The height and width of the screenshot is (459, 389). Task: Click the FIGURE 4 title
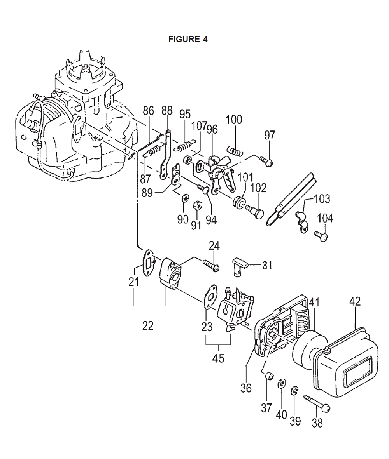click(x=188, y=39)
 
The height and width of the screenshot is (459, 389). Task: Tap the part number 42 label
click(x=355, y=302)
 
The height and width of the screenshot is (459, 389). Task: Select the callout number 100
click(x=234, y=120)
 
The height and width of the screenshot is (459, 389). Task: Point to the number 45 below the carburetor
click(x=218, y=358)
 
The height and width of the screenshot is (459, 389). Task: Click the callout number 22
click(x=148, y=325)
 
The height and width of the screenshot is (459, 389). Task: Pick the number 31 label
click(x=267, y=265)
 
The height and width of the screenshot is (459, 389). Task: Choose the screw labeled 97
click(x=267, y=160)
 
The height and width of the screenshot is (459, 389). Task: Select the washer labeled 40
click(x=282, y=384)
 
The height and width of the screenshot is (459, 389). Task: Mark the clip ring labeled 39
click(x=294, y=391)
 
